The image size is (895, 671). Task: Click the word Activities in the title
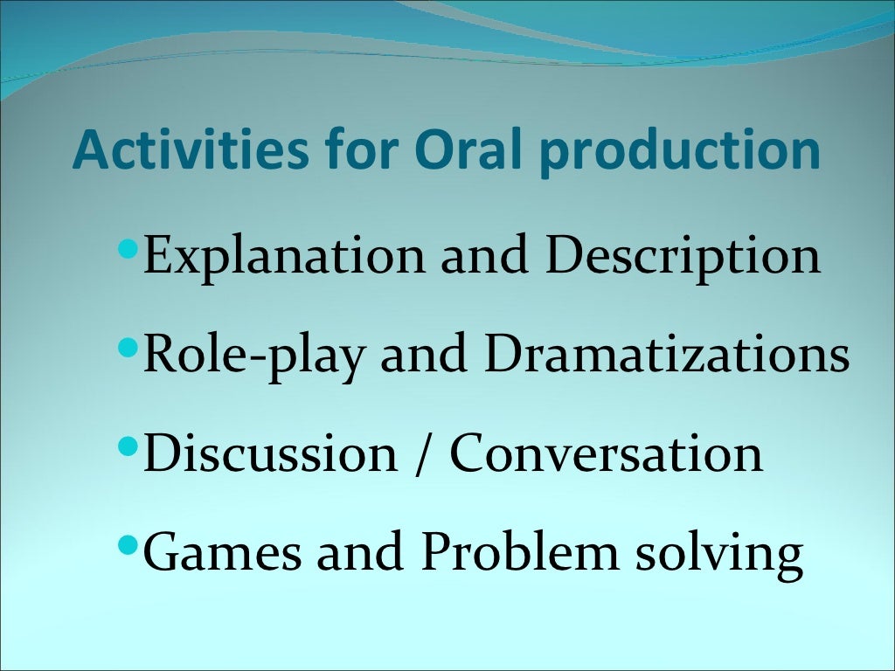[x=191, y=150]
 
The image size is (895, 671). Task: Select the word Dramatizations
[x=665, y=355]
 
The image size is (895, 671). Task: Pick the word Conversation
[x=606, y=454]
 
